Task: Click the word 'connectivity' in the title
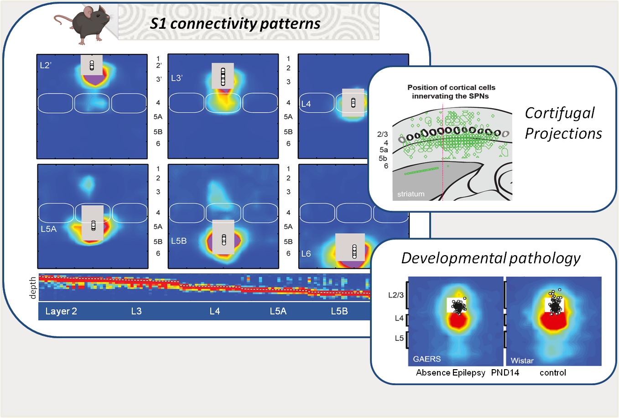pyautogui.click(x=213, y=23)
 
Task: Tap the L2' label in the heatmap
pyautogui.click(x=46, y=65)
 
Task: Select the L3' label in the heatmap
pyautogui.click(x=177, y=78)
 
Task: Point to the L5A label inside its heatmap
pyautogui.click(x=49, y=229)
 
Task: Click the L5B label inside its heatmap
pyautogui.click(x=179, y=241)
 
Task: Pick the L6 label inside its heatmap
pyautogui.click(x=306, y=254)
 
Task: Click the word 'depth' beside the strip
pyautogui.click(x=32, y=288)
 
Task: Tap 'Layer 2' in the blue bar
pyautogui.click(x=61, y=311)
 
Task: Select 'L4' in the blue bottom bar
pyautogui.click(x=215, y=311)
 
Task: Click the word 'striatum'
pyautogui.click(x=411, y=194)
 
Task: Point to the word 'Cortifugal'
pyautogui.click(x=560, y=114)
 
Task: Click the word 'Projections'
pyautogui.click(x=563, y=134)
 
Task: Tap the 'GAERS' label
pyautogui.click(x=427, y=359)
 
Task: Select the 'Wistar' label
pyautogui.click(x=522, y=361)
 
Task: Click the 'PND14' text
pyautogui.click(x=505, y=373)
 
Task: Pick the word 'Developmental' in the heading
pyautogui.click(x=453, y=258)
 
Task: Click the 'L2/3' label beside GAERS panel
pyautogui.click(x=396, y=295)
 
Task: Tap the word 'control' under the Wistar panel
pyautogui.click(x=553, y=373)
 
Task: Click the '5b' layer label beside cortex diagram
pyautogui.click(x=383, y=158)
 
